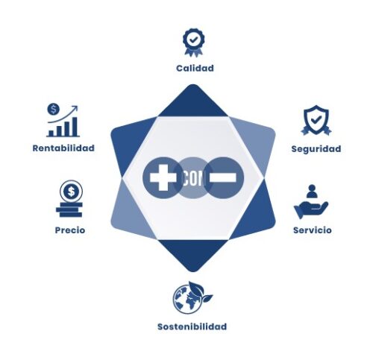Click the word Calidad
tap(195, 68)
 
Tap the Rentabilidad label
tap(63, 148)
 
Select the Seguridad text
tap(316, 149)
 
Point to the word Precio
tap(70, 230)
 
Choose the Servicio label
tap(313, 230)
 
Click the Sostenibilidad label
tap(192, 326)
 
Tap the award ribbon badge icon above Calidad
tap(194, 42)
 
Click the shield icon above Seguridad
tap(316, 120)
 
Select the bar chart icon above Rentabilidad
tap(63, 121)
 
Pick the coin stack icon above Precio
tap(70, 199)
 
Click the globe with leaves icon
tap(192, 297)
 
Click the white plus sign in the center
tap(163, 177)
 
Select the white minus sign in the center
tap(223, 177)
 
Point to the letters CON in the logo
tap(192, 178)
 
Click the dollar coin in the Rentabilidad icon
tap(54, 110)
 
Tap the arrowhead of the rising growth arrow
tap(75, 109)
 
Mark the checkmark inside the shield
tap(316, 120)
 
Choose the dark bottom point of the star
tap(193, 256)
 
